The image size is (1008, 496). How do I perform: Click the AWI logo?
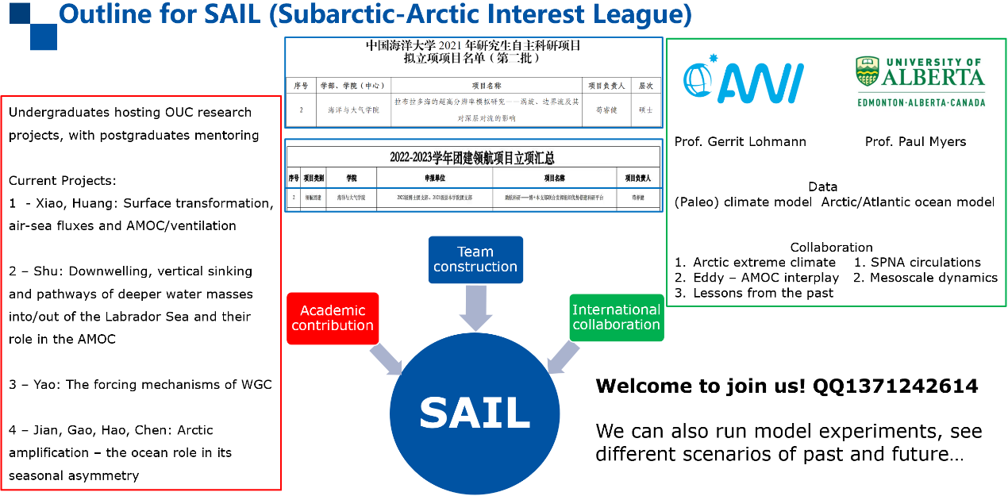pyautogui.click(x=744, y=80)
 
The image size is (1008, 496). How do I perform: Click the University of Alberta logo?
pyautogui.click(x=920, y=82)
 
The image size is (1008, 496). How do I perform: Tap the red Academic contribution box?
pyautogui.click(x=333, y=317)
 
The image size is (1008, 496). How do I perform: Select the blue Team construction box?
pyautogui.click(x=475, y=260)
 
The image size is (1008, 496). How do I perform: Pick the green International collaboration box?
pyautogui.click(x=616, y=317)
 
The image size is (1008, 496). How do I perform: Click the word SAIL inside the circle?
pyautogui.click(x=475, y=413)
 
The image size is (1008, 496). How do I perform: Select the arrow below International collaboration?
pyautogui.click(x=565, y=356)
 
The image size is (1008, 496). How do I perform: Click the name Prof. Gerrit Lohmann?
pyautogui.click(x=740, y=142)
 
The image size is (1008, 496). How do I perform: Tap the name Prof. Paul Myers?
pyautogui.click(x=915, y=142)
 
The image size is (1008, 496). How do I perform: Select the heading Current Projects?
pyautogui.click(x=63, y=181)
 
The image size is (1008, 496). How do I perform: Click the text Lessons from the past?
pyautogui.click(x=763, y=293)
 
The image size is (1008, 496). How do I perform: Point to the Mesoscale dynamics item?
pyautogui.click(x=933, y=278)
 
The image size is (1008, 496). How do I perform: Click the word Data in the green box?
pyautogui.click(x=822, y=186)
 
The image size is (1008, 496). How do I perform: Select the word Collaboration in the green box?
pyautogui.click(x=831, y=247)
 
